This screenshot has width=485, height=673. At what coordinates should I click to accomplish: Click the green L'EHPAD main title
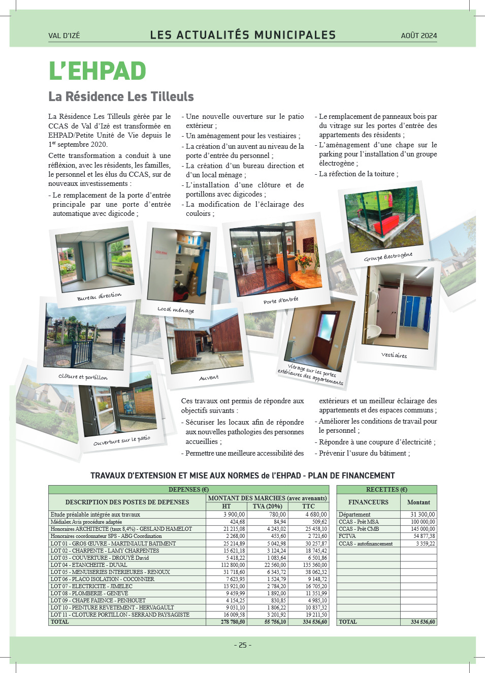(x=97, y=71)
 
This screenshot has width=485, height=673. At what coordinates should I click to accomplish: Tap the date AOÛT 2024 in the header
(x=418, y=36)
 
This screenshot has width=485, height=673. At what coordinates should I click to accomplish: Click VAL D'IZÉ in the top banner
(x=64, y=36)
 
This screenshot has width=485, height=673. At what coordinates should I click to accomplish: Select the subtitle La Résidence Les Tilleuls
(x=121, y=97)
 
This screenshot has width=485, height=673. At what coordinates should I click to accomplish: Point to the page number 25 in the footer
(x=243, y=645)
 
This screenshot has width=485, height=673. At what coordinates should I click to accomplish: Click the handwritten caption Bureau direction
(x=99, y=296)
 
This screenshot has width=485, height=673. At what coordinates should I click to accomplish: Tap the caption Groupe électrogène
(x=388, y=257)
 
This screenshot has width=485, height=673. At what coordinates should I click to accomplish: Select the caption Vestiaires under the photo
(x=394, y=355)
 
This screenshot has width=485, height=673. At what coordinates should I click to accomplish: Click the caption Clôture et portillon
(x=83, y=377)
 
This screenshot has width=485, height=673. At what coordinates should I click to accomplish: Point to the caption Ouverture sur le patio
(x=122, y=440)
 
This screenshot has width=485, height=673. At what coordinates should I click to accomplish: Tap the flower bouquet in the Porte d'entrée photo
(x=304, y=261)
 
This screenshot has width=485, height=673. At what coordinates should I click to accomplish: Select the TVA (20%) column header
(x=267, y=506)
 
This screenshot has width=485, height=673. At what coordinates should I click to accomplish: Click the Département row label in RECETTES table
(x=354, y=515)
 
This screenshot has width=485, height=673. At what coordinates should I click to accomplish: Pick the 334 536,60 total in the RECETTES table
(x=423, y=622)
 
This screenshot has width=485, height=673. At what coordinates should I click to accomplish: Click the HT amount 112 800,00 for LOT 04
(x=233, y=565)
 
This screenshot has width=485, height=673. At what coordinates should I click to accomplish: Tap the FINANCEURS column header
(x=368, y=502)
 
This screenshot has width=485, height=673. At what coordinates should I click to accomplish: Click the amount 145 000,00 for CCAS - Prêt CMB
(x=423, y=529)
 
